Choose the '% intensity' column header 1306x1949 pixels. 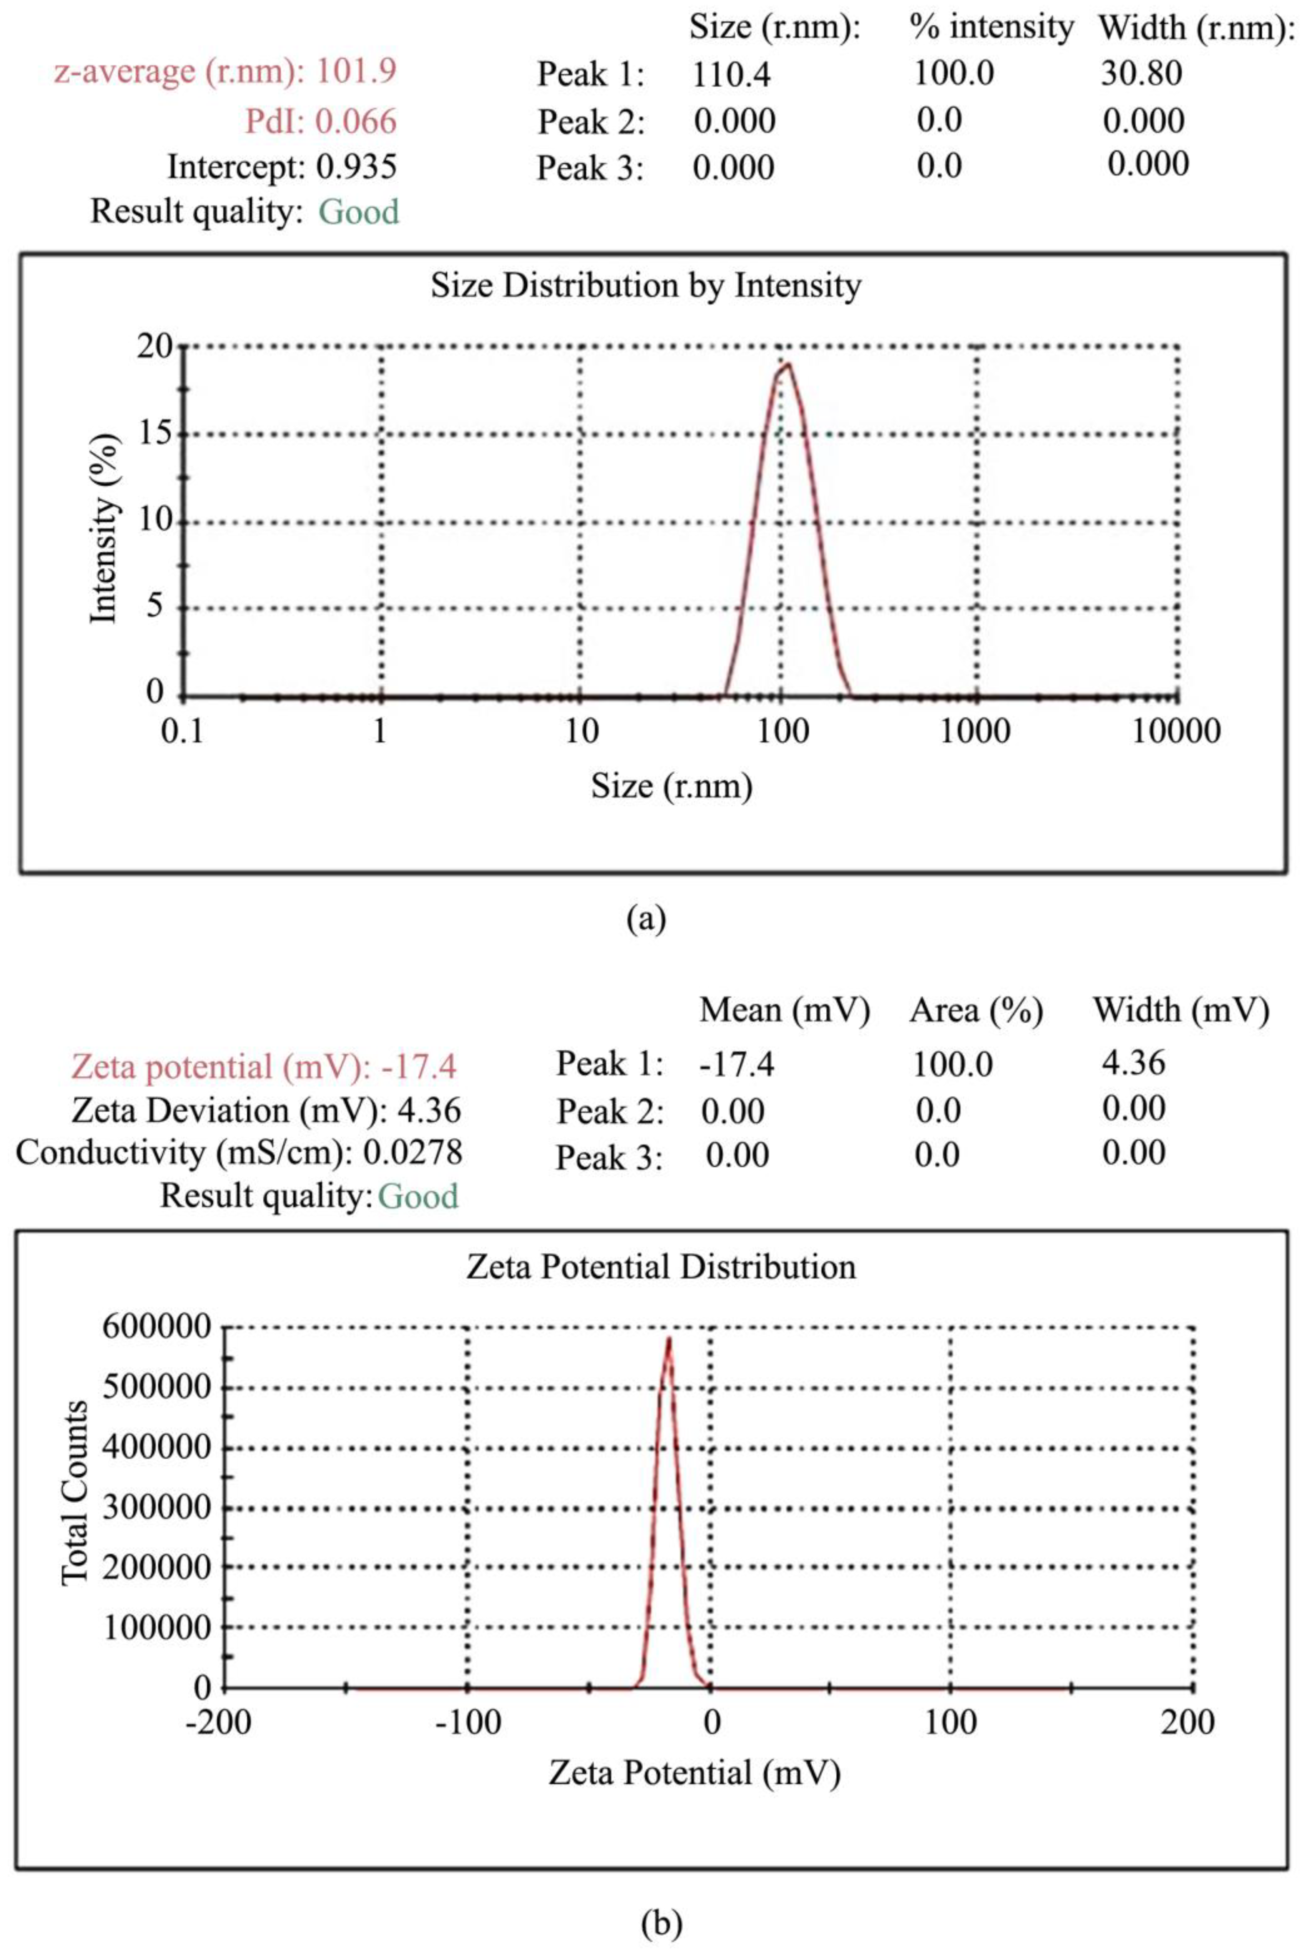[x=991, y=28]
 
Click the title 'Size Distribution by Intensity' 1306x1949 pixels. [x=646, y=286]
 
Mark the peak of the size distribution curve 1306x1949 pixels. [x=785, y=363]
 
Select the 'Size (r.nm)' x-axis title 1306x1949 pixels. [x=671, y=785]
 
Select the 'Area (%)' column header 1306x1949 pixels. [x=976, y=1010]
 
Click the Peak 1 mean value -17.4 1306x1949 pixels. [x=736, y=1064]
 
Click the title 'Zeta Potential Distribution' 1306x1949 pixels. [x=660, y=1267]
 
